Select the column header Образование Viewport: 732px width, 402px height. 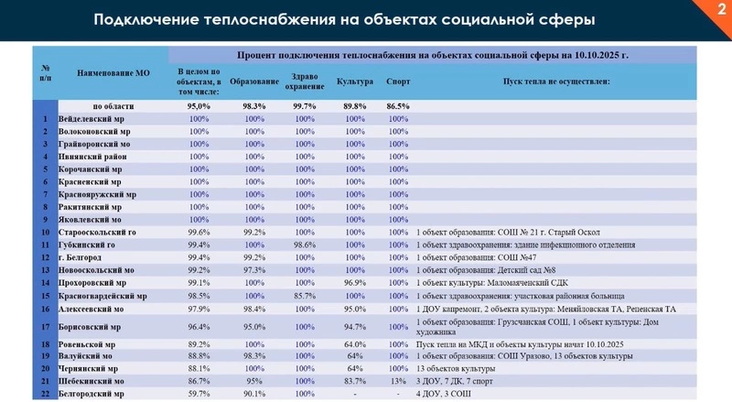pyautogui.click(x=248, y=81)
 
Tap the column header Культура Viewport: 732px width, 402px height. pyautogui.click(x=355, y=81)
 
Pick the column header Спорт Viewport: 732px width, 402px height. pyautogui.click(x=398, y=81)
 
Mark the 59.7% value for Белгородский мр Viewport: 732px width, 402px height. pyautogui.click(x=199, y=393)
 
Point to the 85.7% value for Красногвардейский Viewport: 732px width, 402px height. pyautogui.click(x=303, y=297)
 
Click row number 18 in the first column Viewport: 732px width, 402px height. pyautogui.click(x=43, y=344)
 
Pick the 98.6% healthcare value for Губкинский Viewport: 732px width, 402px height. pyautogui.click(x=303, y=245)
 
